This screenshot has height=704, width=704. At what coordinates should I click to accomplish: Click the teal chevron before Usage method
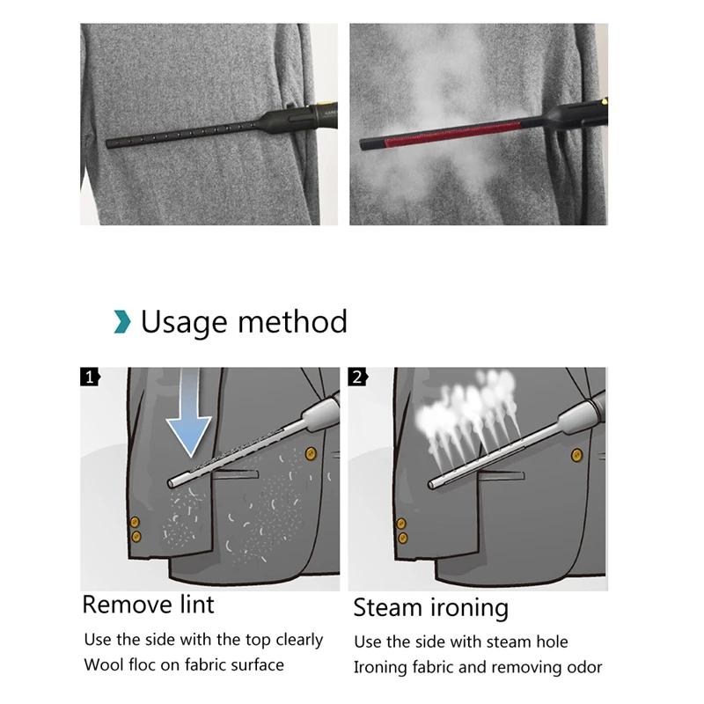point(122,321)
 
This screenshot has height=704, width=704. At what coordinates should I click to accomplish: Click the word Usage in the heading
point(184,323)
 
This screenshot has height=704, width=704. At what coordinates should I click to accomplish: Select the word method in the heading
point(292,321)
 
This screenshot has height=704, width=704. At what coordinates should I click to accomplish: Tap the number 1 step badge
point(90,378)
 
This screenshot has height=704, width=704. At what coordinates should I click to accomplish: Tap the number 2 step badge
point(358,378)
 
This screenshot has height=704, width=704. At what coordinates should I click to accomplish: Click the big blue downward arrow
point(188,413)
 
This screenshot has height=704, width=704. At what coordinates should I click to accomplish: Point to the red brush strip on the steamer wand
point(452,135)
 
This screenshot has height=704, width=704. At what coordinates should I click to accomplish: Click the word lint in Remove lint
point(197,605)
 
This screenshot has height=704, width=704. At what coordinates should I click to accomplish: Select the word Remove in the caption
point(127,605)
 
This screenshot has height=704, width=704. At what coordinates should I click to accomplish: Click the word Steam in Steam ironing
point(388,607)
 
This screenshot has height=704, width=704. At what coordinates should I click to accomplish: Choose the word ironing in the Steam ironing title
point(469,609)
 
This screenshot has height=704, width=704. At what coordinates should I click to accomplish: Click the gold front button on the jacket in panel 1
point(311,453)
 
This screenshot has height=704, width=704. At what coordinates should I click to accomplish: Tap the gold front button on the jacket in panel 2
point(576,456)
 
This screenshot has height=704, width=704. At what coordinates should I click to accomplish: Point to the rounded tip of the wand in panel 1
point(171,483)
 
